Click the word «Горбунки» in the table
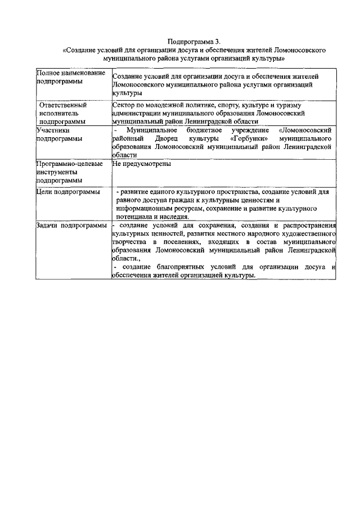[x=249, y=138]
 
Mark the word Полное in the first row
[x=47, y=74]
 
